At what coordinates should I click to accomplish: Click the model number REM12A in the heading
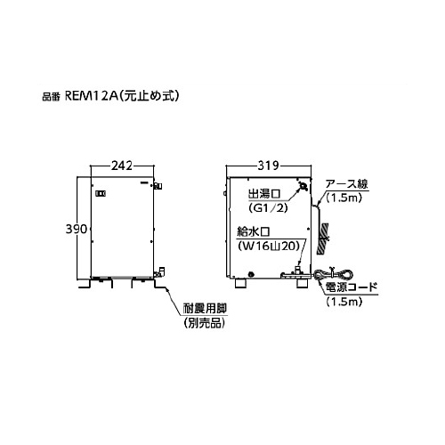tap(90, 96)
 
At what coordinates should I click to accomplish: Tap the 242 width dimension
tap(122, 166)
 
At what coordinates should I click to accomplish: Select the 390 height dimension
tap(77, 229)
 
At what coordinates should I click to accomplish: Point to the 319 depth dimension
tap(268, 166)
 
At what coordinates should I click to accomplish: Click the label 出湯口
tap(264, 194)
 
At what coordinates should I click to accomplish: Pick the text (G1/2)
tap(268, 208)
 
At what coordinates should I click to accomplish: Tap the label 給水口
tap(253, 231)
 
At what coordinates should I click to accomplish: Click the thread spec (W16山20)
tap(268, 246)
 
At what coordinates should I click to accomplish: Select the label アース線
tap(346, 184)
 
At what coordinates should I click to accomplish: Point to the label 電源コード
tap(352, 287)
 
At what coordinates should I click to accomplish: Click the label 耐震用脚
tap(205, 309)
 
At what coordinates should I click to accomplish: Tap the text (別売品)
tap(205, 323)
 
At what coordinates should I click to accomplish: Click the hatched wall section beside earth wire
tap(322, 239)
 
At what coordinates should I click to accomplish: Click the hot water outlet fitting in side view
tap(303, 186)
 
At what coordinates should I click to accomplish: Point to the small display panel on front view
tap(101, 194)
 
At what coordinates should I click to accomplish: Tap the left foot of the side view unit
tap(240, 283)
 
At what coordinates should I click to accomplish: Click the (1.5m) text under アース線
tap(344, 198)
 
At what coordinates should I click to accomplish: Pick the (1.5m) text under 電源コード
tap(344, 302)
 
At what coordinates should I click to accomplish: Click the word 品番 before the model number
tap(51, 97)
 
